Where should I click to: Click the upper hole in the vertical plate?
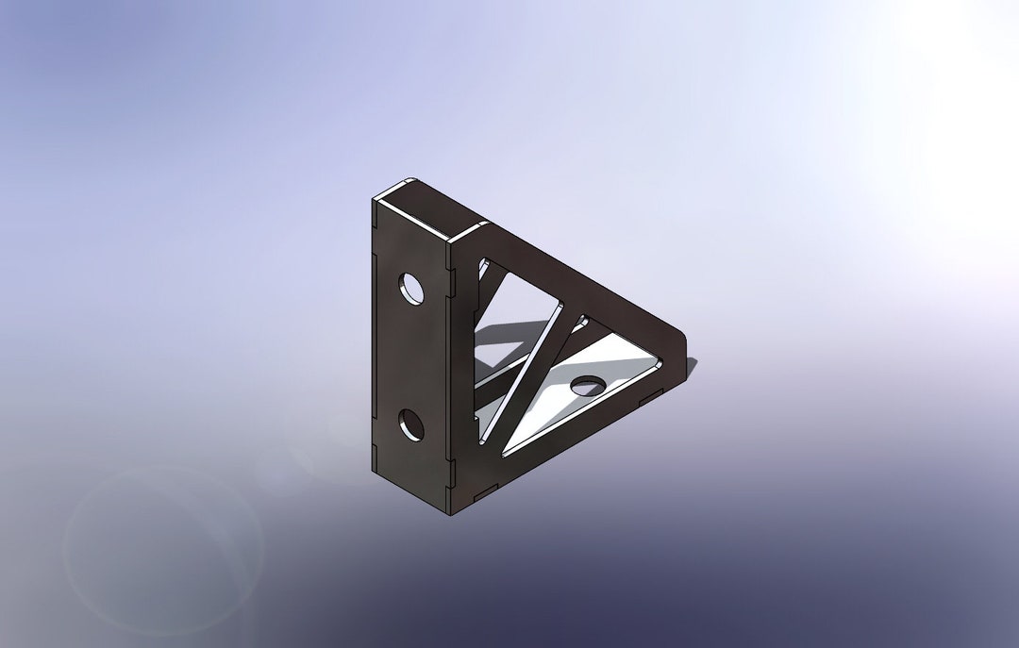411,289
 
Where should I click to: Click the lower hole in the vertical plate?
411,425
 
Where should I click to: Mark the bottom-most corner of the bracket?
450,513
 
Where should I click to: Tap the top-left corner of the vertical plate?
375,199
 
